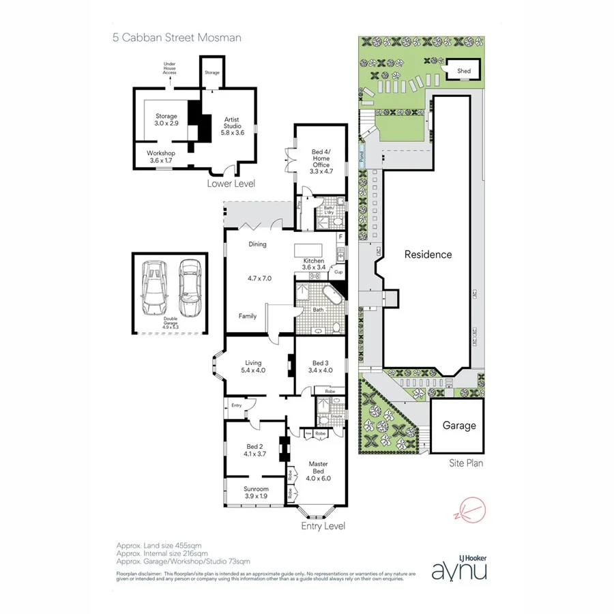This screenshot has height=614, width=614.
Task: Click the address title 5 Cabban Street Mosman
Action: pos(177,38)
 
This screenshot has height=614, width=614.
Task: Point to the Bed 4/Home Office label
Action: pos(320,160)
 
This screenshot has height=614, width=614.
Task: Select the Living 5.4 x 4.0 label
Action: pos(252,366)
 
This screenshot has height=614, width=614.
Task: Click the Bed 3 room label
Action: pos(322,366)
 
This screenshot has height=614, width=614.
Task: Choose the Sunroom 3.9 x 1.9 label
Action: pos(256,493)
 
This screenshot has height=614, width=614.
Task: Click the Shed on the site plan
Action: pos(464,70)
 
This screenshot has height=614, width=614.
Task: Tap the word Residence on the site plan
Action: pos(428,254)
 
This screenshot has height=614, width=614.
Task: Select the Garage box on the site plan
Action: pos(459,426)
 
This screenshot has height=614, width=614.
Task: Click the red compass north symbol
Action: pos(471,508)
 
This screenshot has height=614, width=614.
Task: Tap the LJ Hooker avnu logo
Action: pos(459,567)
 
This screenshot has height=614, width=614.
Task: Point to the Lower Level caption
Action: pos(231,184)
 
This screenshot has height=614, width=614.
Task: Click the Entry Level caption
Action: pos(323,526)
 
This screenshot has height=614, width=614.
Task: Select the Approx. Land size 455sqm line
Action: pos(161,547)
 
